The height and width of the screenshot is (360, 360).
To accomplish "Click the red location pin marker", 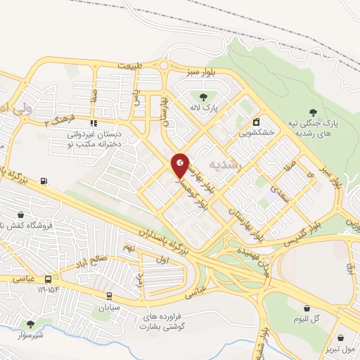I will point(180,165).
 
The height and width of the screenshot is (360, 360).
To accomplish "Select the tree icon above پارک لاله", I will point(202,96).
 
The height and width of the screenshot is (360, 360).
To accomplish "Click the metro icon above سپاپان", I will point(109,296).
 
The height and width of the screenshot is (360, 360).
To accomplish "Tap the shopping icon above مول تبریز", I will point(341,338).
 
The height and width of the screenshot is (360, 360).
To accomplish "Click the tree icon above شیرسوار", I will point(30,323).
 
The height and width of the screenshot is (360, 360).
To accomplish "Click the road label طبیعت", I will point(129,65).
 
